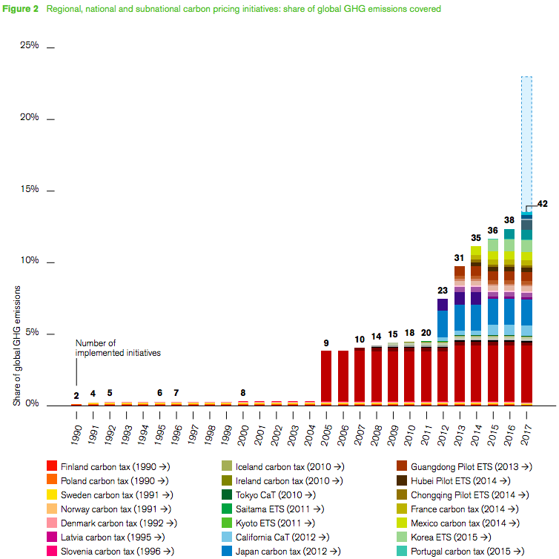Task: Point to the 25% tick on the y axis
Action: (x=50, y=47)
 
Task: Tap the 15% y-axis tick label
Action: (x=29, y=190)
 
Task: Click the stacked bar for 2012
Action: (x=443, y=356)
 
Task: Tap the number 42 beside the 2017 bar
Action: (x=542, y=203)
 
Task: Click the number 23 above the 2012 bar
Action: (x=443, y=290)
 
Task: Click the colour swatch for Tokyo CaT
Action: (x=228, y=494)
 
